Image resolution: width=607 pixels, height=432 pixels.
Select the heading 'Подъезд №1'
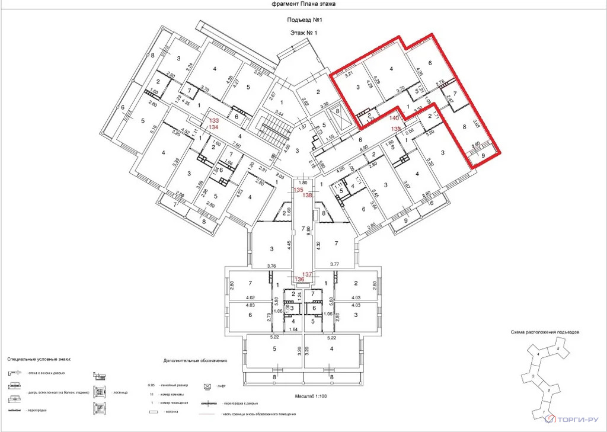click(303, 20)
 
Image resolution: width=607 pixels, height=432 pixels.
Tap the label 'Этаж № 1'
click(303, 33)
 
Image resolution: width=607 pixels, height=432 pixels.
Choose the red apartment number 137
click(307, 274)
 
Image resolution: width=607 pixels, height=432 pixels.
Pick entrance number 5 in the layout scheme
click(558, 350)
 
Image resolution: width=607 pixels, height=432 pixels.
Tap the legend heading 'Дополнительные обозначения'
click(195, 360)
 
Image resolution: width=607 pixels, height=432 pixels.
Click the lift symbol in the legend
click(208, 385)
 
